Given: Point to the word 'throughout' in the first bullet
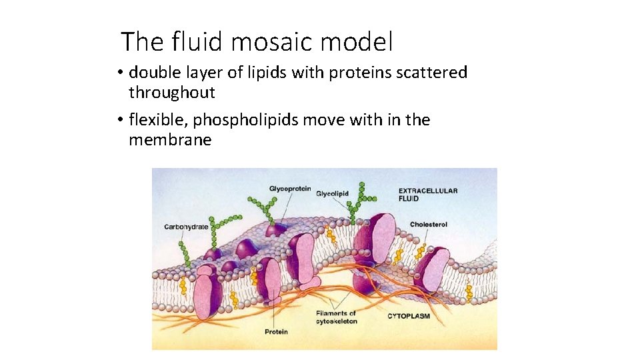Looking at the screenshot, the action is (172, 92).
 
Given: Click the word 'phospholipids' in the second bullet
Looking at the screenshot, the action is (246, 121).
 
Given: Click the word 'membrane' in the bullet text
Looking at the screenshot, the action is (170, 140).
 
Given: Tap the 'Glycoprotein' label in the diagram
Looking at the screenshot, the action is (290, 189).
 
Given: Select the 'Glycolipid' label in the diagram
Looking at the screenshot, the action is (332, 193).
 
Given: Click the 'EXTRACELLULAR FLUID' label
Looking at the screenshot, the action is (428, 194).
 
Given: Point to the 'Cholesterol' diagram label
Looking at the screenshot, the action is (428, 225).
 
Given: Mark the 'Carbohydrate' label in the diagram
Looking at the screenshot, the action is (186, 227).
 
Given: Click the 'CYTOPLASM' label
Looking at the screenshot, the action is (409, 315).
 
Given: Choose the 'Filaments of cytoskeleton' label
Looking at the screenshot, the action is (336, 317).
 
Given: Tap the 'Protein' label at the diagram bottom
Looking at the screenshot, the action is (276, 331).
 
